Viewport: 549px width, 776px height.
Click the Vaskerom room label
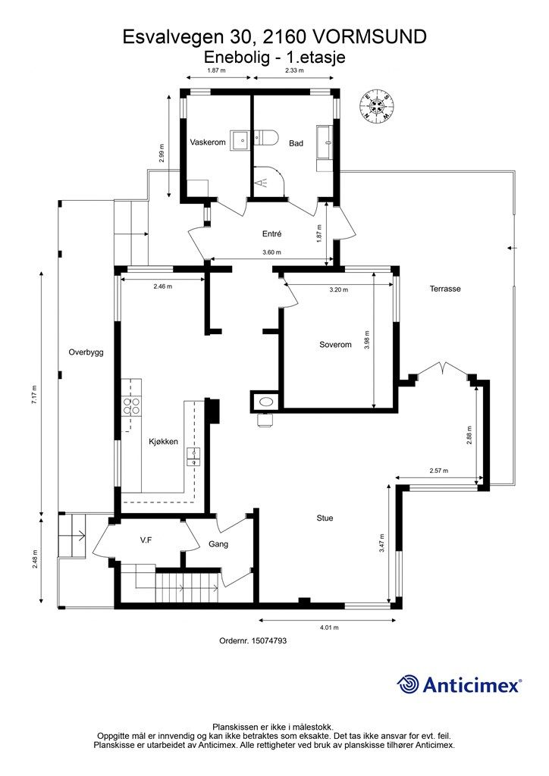click(x=208, y=142)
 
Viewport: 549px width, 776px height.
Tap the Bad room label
click(x=296, y=143)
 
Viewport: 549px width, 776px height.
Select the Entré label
click(x=271, y=233)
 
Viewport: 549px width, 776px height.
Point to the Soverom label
click(x=335, y=345)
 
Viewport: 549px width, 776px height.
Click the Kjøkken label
click(x=163, y=442)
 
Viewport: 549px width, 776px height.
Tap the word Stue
click(x=325, y=518)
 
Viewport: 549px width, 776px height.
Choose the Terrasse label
click(x=445, y=289)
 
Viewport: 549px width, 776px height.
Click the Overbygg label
click(x=86, y=353)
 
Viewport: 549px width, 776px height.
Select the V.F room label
click(x=146, y=541)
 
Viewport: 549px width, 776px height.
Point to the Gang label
click(x=218, y=544)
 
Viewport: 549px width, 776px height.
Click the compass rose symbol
click(x=378, y=105)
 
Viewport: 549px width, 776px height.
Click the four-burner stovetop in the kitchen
click(x=131, y=406)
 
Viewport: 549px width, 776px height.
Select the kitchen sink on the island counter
click(x=193, y=457)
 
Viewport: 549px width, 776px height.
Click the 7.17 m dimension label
click(x=34, y=395)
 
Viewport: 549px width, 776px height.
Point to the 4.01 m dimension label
click(x=328, y=627)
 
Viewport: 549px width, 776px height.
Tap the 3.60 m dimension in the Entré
click(x=271, y=252)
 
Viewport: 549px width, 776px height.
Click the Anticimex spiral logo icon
click(x=407, y=684)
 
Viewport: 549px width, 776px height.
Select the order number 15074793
click(x=269, y=640)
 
